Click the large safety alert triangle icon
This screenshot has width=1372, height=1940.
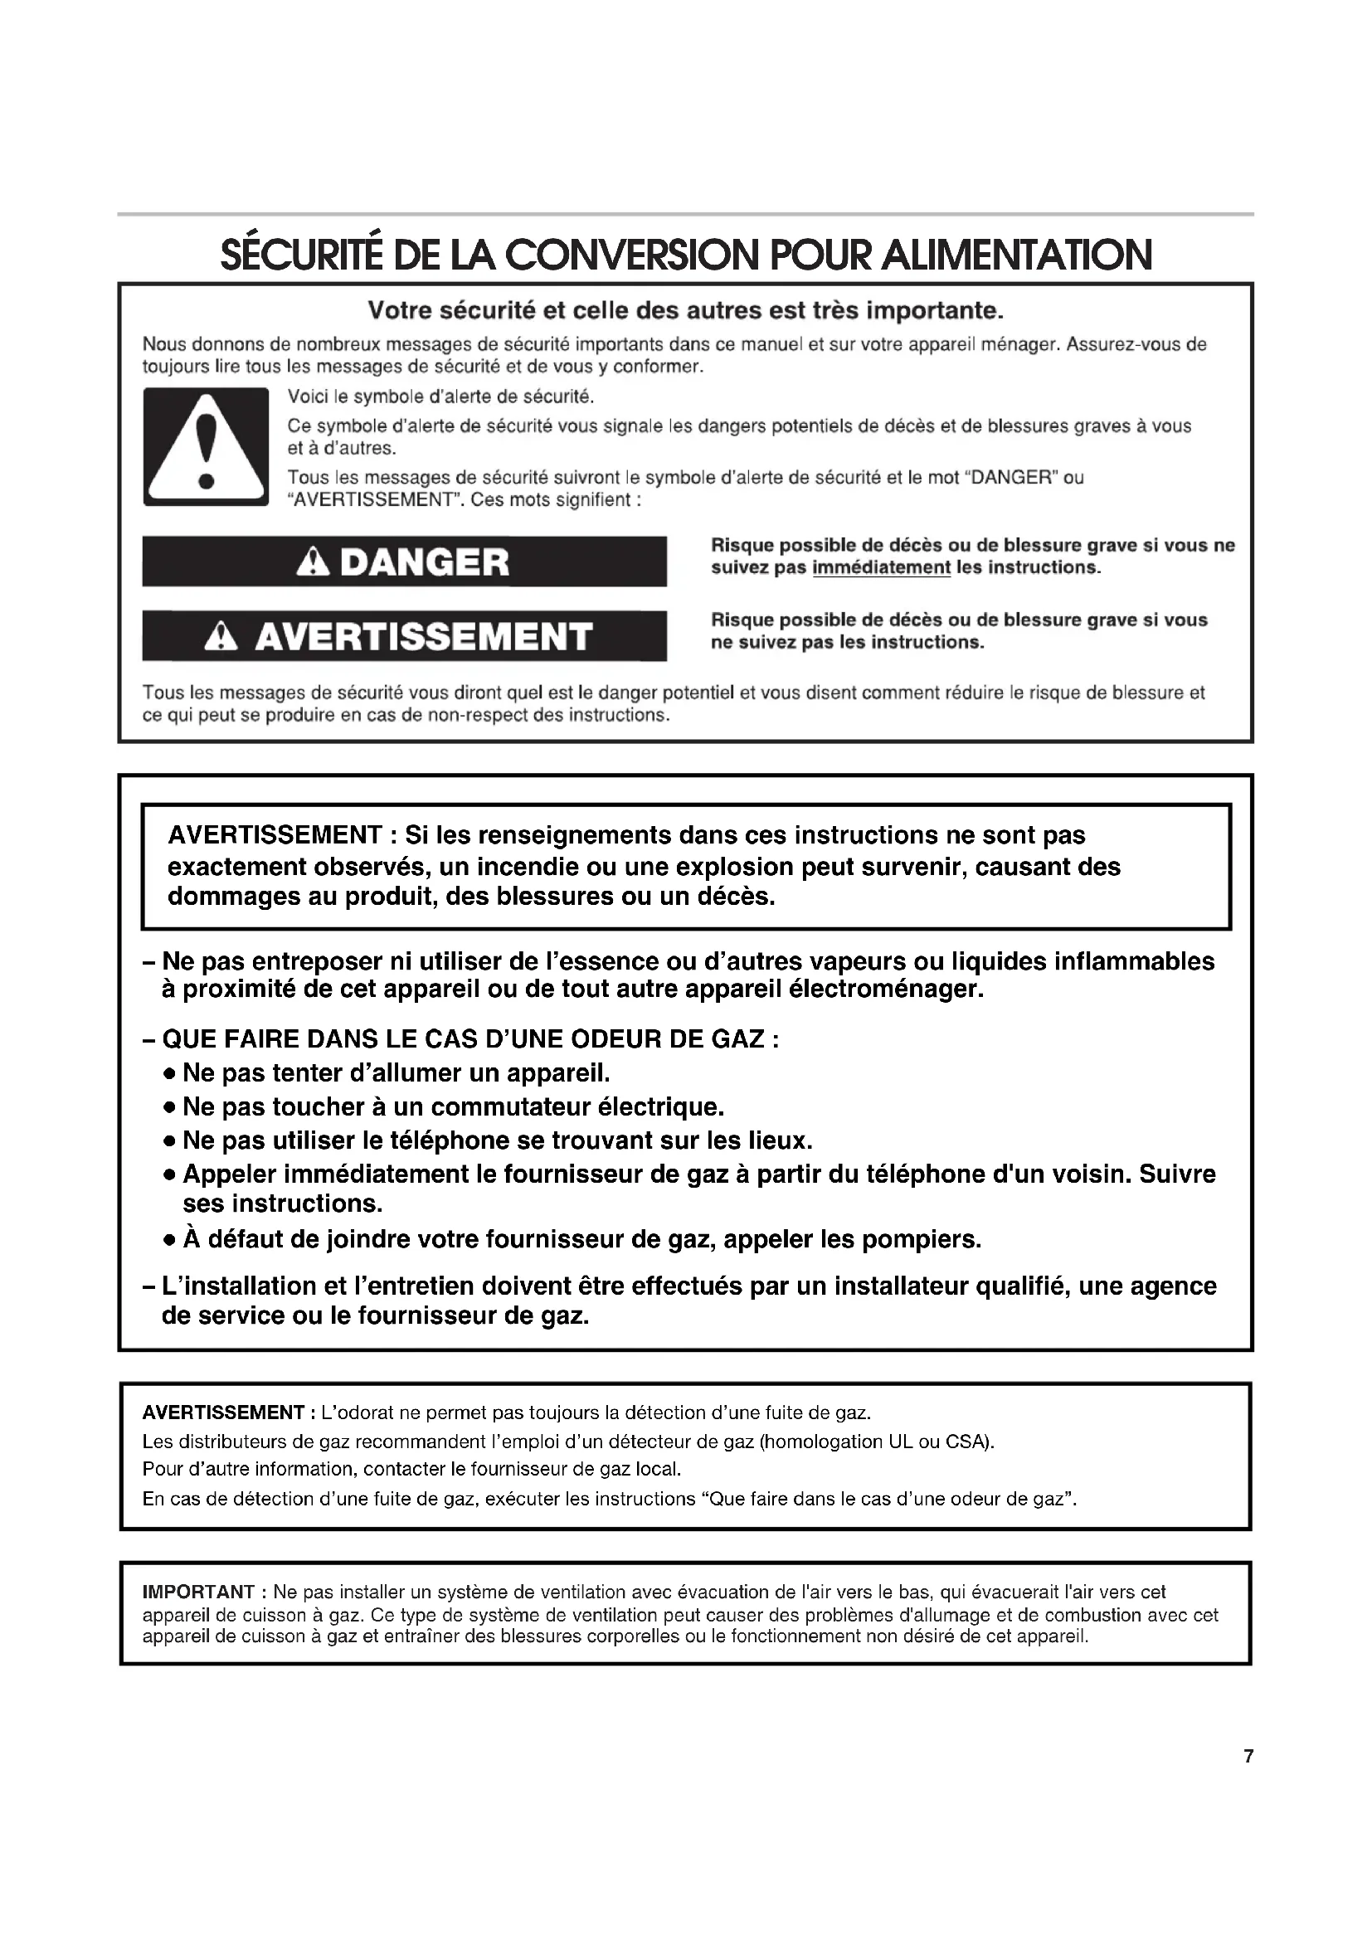point(205,447)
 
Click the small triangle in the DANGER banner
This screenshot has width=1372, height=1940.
point(314,562)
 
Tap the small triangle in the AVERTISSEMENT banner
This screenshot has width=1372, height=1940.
point(221,636)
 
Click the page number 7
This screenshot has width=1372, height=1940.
point(1248,1757)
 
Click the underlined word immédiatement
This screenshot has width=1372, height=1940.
point(880,568)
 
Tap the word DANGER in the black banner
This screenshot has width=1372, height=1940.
point(424,562)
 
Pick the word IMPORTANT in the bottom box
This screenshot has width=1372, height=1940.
point(198,1592)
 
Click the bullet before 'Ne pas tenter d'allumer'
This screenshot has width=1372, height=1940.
point(170,1075)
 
